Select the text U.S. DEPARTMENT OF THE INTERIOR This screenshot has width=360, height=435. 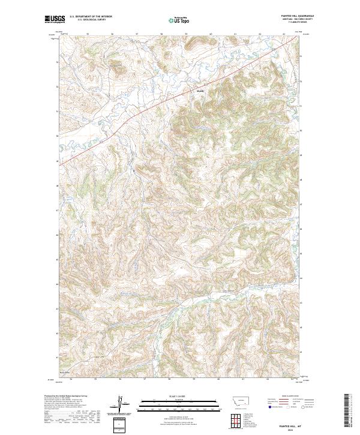point(91,16)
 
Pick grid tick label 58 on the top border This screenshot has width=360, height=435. point(161,34)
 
